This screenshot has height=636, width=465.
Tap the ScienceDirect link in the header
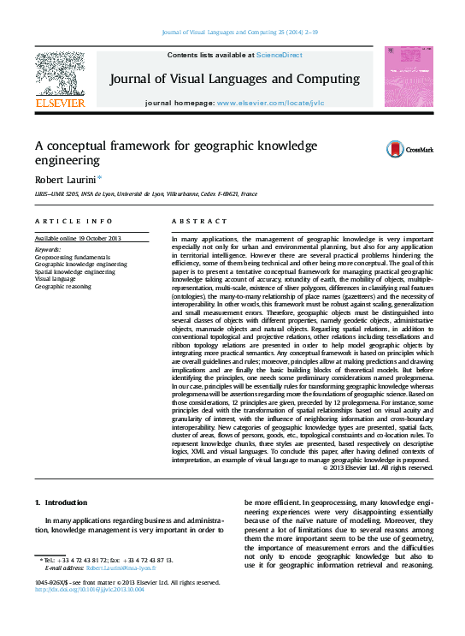[x=280, y=55]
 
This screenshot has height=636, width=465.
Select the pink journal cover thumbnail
[x=409, y=77]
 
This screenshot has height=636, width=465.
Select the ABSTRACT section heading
[x=194, y=221]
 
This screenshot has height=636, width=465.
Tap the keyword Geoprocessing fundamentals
[x=73, y=257]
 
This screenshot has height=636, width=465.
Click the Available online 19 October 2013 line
[x=78, y=237]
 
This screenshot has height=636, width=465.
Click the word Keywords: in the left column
[x=48, y=249]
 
